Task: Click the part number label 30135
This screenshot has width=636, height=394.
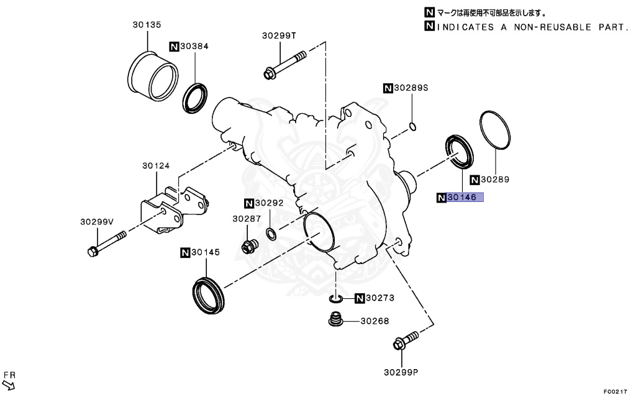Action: (147, 25)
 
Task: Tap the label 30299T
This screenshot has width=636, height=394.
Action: (279, 36)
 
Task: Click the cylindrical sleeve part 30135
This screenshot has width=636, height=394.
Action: (152, 76)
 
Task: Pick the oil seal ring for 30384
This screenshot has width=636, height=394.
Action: (195, 97)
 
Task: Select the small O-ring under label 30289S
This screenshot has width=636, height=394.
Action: (412, 127)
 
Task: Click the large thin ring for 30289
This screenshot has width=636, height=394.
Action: (496, 130)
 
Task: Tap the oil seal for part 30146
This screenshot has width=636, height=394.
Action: (460, 151)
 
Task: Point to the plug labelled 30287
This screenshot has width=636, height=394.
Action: (249, 247)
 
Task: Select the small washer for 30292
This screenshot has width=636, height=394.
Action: (271, 234)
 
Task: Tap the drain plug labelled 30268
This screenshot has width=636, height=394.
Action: (335, 321)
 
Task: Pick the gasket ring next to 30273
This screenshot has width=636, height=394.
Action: (335, 300)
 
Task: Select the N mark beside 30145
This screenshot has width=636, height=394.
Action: (185, 252)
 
